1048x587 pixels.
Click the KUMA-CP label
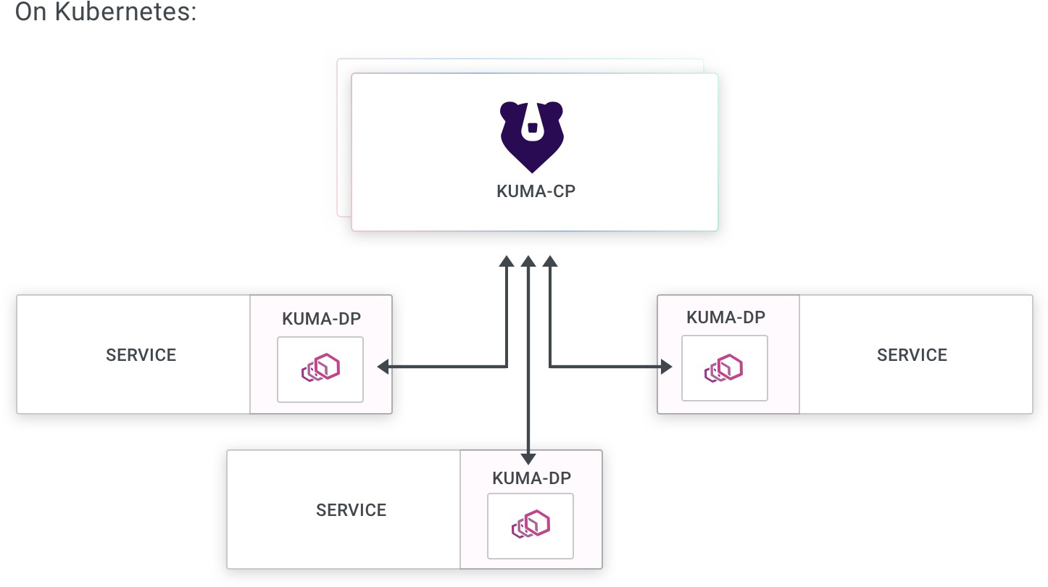click(x=536, y=192)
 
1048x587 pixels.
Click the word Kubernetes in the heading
click(x=125, y=12)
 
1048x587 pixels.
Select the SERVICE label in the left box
click(x=141, y=355)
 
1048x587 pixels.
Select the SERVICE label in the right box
click(x=912, y=355)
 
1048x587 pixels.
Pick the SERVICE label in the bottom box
click(x=352, y=510)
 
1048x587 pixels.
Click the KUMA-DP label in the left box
click(x=321, y=320)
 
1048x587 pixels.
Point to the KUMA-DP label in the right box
click(x=725, y=317)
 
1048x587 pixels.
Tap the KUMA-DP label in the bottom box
click(x=531, y=478)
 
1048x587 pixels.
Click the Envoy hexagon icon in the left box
click(x=321, y=369)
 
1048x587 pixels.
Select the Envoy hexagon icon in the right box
click(x=724, y=368)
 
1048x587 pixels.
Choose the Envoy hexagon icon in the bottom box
click(x=531, y=524)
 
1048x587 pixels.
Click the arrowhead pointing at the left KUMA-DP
click(x=383, y=367)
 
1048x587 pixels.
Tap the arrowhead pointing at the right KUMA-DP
click(x=666, y=367)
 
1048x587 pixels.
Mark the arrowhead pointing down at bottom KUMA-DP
click(x=528, y=458)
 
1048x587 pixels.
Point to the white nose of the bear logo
click(x=533, y=128)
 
